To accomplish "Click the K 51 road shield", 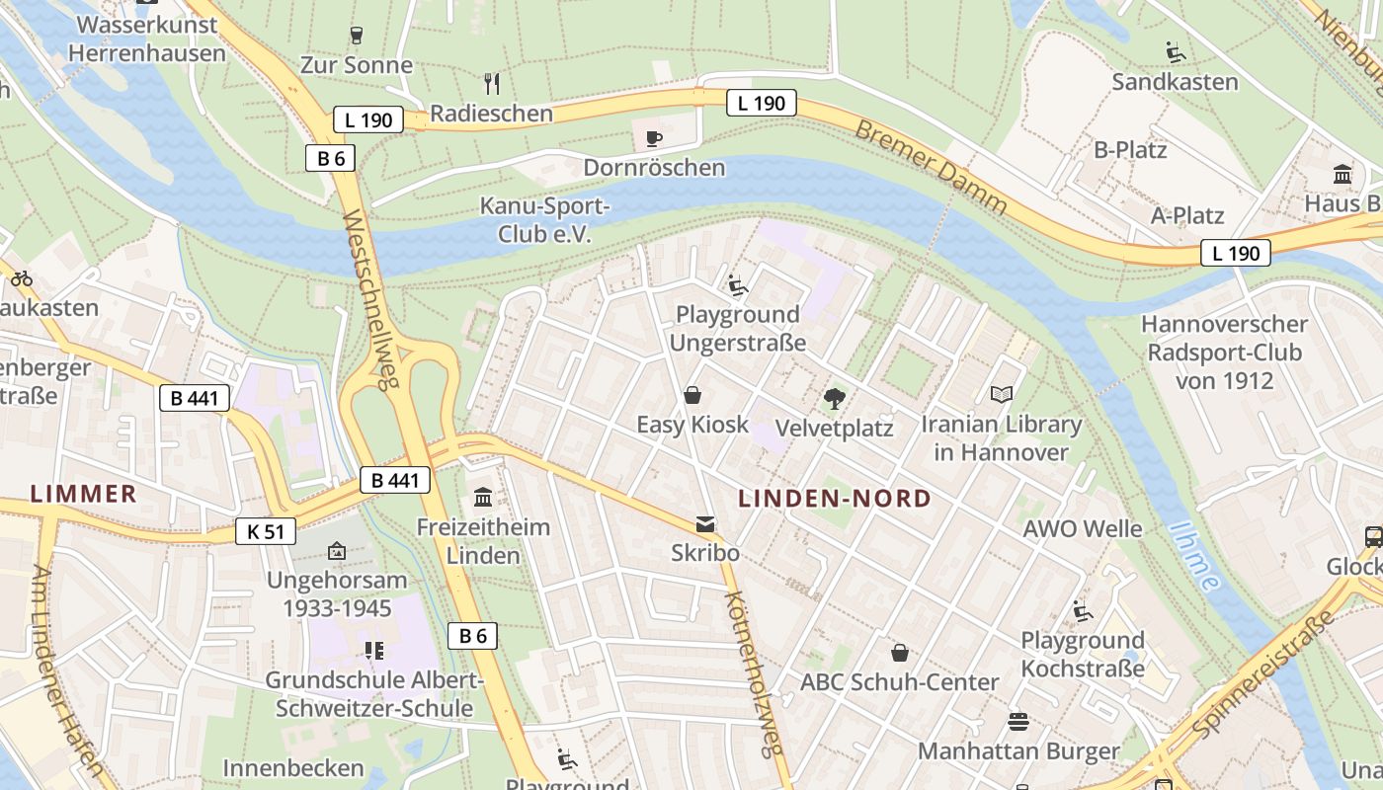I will (x=266, y=531).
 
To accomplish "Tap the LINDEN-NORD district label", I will (x=835, y=499).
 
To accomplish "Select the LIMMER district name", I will (x=83, y=494).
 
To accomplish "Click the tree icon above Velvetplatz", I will (x=835, y=399).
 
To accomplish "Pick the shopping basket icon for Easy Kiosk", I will (x=692, y=396).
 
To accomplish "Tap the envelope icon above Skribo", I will (x=705, y=524).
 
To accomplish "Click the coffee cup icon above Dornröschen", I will (x=653, y=138).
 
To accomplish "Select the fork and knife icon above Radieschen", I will (x=491, y=84).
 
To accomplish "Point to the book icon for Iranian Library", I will (x=1002, y=395).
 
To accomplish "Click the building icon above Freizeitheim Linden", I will (x=483, y=497).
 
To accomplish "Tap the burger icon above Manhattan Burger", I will (x=1018, y=722).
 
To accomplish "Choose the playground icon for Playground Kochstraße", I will (x=1083, y=611).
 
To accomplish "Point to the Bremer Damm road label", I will (x=931, y=168).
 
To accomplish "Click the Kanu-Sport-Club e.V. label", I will (x=544, y=220).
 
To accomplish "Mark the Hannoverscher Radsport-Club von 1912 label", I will (x=1224, y=352).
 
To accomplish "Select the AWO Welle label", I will (x=1082, y=528).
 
